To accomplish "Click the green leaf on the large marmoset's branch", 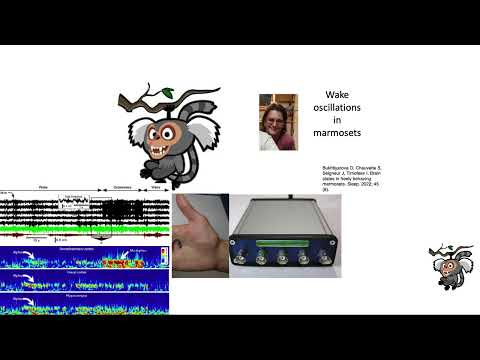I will (x=168, y=93).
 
